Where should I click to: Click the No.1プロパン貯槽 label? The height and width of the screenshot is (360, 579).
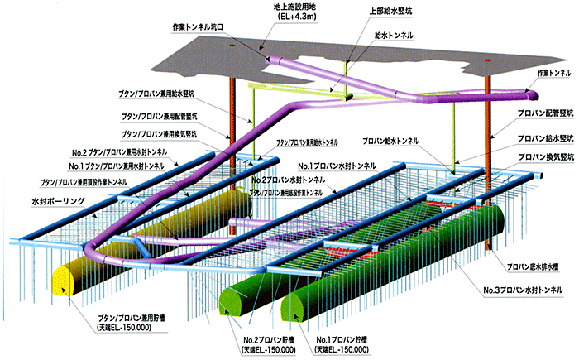(x=343, y=339)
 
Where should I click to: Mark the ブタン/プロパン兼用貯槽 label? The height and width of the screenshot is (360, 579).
(x=127, y=319)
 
